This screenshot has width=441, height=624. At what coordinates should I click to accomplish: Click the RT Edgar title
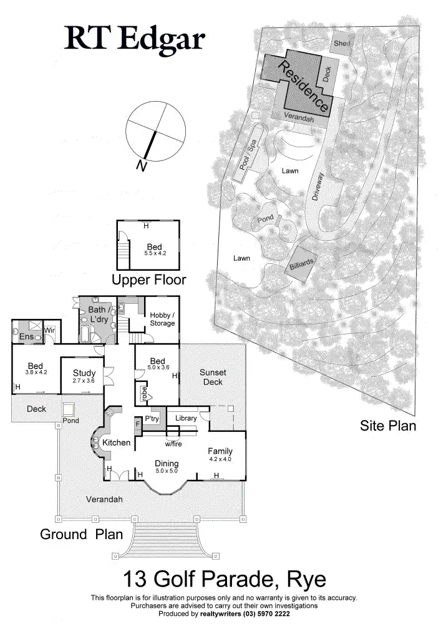(135, 39)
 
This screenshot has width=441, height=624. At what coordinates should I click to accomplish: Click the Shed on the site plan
(342, 43)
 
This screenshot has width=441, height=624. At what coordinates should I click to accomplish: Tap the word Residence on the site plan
(303, 85)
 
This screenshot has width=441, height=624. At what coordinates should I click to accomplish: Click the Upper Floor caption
(148, 278)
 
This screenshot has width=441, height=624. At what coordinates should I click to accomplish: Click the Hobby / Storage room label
(162, 319)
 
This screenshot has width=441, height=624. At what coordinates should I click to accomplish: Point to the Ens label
(26, 337)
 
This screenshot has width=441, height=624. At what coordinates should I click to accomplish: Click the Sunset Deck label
(212, 377)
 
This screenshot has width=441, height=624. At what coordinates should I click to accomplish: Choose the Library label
(185, 418)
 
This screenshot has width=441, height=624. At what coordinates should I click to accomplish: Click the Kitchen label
(117, 443)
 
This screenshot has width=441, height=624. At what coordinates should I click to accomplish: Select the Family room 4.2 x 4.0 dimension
(220, 459)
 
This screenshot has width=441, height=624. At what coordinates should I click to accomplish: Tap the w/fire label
(173, 444)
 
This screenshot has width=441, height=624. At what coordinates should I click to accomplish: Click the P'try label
(152, 418)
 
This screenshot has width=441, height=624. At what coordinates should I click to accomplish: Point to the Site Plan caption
(388, 426)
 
